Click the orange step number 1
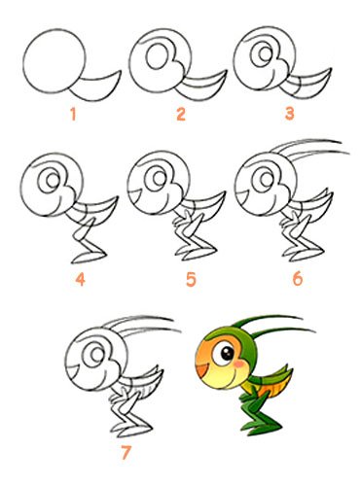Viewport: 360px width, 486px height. [x=73, y=115]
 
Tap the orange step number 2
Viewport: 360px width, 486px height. [x=181, y=114]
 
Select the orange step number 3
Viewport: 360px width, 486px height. [x=289, y=114]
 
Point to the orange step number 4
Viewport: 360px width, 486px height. [x=80, y=279]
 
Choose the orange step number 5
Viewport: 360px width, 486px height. [x=191, y=279]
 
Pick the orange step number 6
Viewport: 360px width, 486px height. [x=298, y=278]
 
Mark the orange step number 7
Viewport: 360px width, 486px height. [x=126, y=452]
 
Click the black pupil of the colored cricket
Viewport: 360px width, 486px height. [x=228, y=354]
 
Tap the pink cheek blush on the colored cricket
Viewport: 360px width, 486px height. [x=239, y=364]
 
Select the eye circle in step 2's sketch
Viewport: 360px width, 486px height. [x=158, y=55]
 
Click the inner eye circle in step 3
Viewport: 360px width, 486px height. [x=265, y=53]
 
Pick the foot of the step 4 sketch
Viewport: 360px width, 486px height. [x=89, y=258]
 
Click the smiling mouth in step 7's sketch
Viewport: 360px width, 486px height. [x=73, y=369]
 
